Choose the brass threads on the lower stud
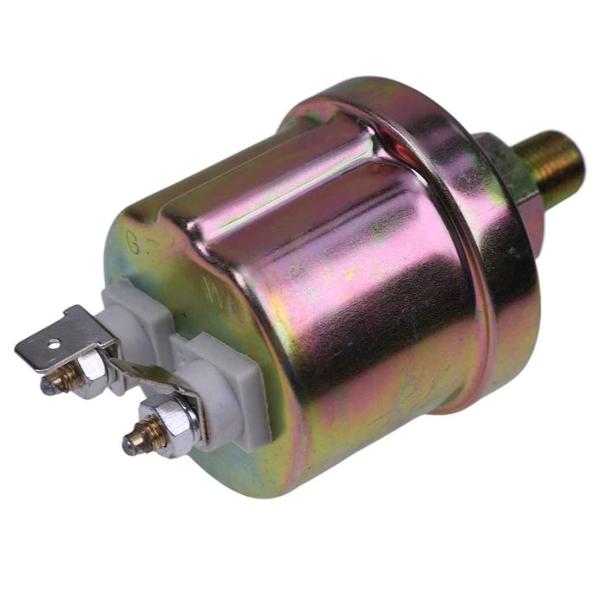click(x=146, y=432)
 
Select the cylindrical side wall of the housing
click(x=346, y=302)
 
